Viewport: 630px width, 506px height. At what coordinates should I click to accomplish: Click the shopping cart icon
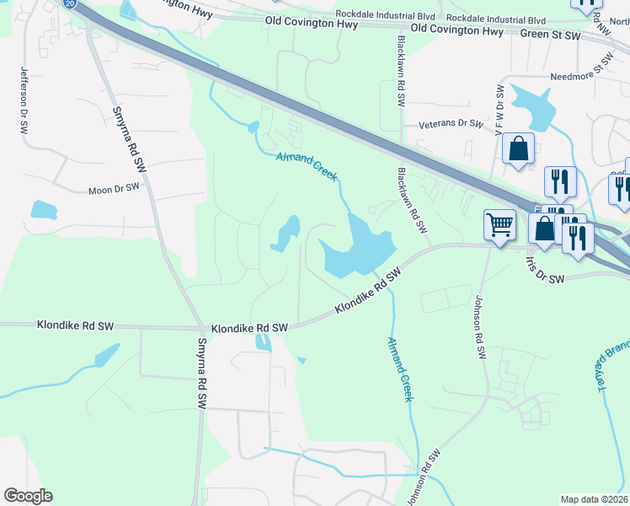click(x=499, y=225)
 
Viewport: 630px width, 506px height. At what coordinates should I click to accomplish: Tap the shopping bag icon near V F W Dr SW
click(x=519, y=148)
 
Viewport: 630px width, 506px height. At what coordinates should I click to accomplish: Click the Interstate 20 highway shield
click(x=68, y=3)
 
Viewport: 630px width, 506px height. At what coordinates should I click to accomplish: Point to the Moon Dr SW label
click(x=114, y=191)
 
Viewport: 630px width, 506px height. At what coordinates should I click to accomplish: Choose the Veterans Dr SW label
click(x=451, y=124)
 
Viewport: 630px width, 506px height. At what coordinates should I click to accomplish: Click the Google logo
click(x=28, y=496)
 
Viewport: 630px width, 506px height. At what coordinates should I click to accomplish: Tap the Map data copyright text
click(x=595, y=499)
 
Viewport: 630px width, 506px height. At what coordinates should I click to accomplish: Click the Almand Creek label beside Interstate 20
click(x=308, y=167)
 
